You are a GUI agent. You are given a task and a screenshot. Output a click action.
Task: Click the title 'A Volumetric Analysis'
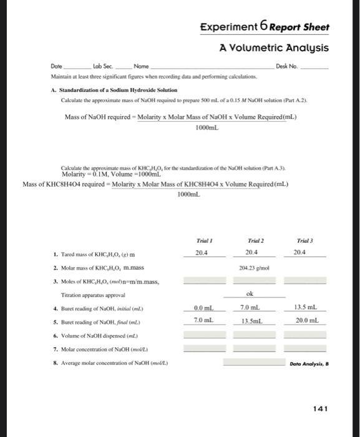(x=274, y=47)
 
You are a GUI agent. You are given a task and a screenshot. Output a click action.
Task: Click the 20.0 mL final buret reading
(x=306, y=320)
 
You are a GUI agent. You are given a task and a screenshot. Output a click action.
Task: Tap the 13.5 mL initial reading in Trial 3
(x=306, y=308)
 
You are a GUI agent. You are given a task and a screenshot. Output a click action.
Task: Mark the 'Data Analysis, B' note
(x=308, y=363)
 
